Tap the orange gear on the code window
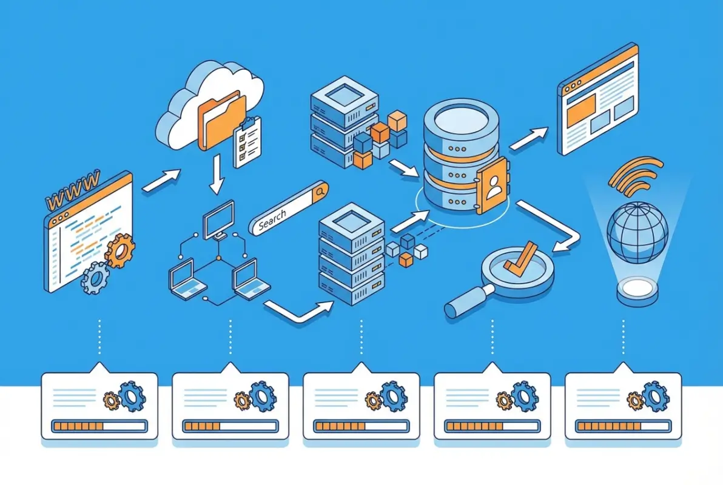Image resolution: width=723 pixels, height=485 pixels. point(120,250)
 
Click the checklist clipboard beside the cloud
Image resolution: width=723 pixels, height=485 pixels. point(247,142)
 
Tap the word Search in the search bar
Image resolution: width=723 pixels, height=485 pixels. point(272,219)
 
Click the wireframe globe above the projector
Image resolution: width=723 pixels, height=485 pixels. point(637,233)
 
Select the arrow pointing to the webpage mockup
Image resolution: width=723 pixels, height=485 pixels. point(529,138)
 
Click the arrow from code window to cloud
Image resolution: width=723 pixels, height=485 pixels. point(161,181)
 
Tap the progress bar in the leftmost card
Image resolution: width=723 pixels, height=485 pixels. point(99,426)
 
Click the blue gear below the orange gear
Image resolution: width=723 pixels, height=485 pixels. point(95,277)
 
